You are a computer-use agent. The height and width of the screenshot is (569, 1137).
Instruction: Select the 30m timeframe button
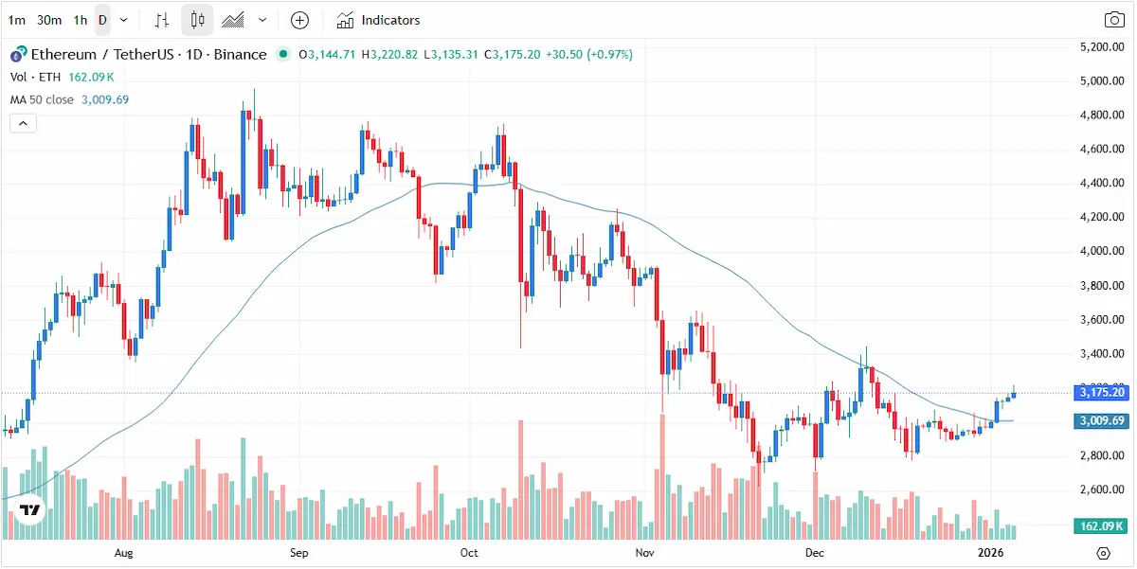[x=49, y=20]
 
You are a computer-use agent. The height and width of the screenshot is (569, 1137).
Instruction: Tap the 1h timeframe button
[x=81, y=20]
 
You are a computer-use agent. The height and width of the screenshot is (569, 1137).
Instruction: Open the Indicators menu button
[x=378, y=20]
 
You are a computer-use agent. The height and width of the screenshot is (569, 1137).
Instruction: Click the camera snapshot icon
[x=1114, y=20]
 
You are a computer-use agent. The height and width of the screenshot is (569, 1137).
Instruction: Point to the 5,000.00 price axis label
[x=1103, y=80]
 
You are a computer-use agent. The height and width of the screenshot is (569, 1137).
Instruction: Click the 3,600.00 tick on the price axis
[x=1103, y=320]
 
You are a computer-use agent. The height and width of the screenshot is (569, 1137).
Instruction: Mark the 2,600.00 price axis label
[x=1103, y=490]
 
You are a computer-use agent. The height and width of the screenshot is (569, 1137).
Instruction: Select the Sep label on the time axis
[x=298, y=552]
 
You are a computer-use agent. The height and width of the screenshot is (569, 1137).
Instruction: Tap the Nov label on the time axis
[x=645, y=552]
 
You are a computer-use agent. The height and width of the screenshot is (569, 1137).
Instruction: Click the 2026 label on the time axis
[x=990, y=552]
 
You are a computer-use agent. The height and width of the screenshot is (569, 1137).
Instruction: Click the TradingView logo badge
[x=30, y=510]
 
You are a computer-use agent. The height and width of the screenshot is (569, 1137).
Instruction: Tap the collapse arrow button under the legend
[x=23, y=123]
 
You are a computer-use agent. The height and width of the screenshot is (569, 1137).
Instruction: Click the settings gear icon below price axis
[x=1103, y=553]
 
